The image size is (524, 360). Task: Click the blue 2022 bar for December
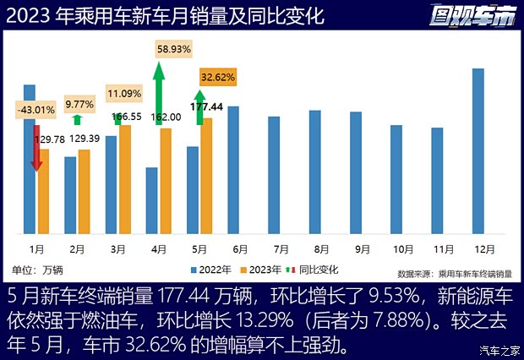pos(478,150)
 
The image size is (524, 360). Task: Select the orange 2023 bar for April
pos(166,181)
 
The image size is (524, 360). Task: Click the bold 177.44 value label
pos(206,107)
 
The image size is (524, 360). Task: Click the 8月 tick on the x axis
pos(321,249)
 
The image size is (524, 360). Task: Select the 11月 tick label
pos(444,249)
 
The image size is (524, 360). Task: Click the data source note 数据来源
pos(453,274)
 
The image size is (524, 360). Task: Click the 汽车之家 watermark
pos(497,351)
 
